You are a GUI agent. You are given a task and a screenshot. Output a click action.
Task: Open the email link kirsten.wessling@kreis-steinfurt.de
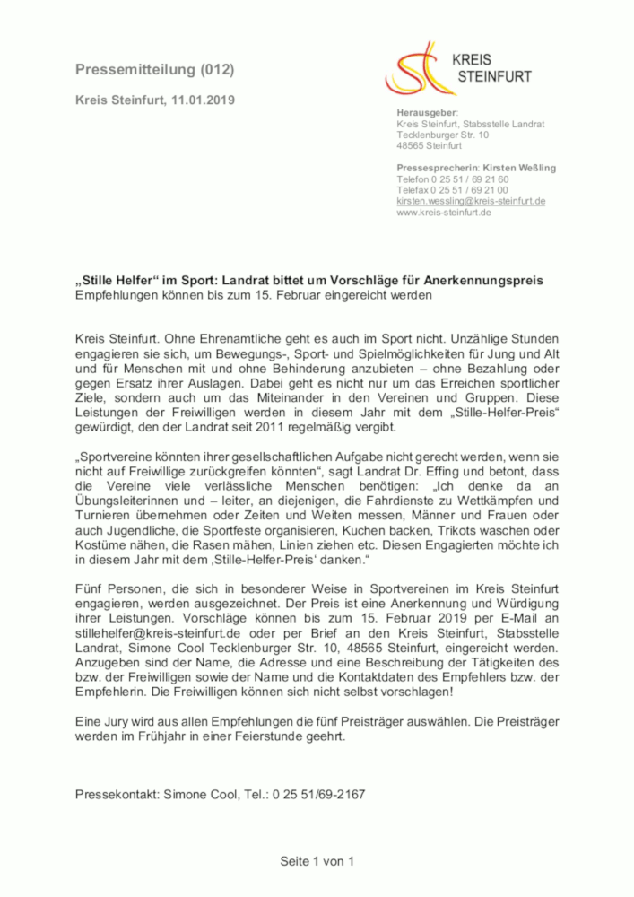click(471, 202)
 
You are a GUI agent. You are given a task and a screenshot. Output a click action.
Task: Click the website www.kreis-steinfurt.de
click(443, 213)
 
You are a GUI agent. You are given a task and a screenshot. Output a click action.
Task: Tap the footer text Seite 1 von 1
click(317, 861)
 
